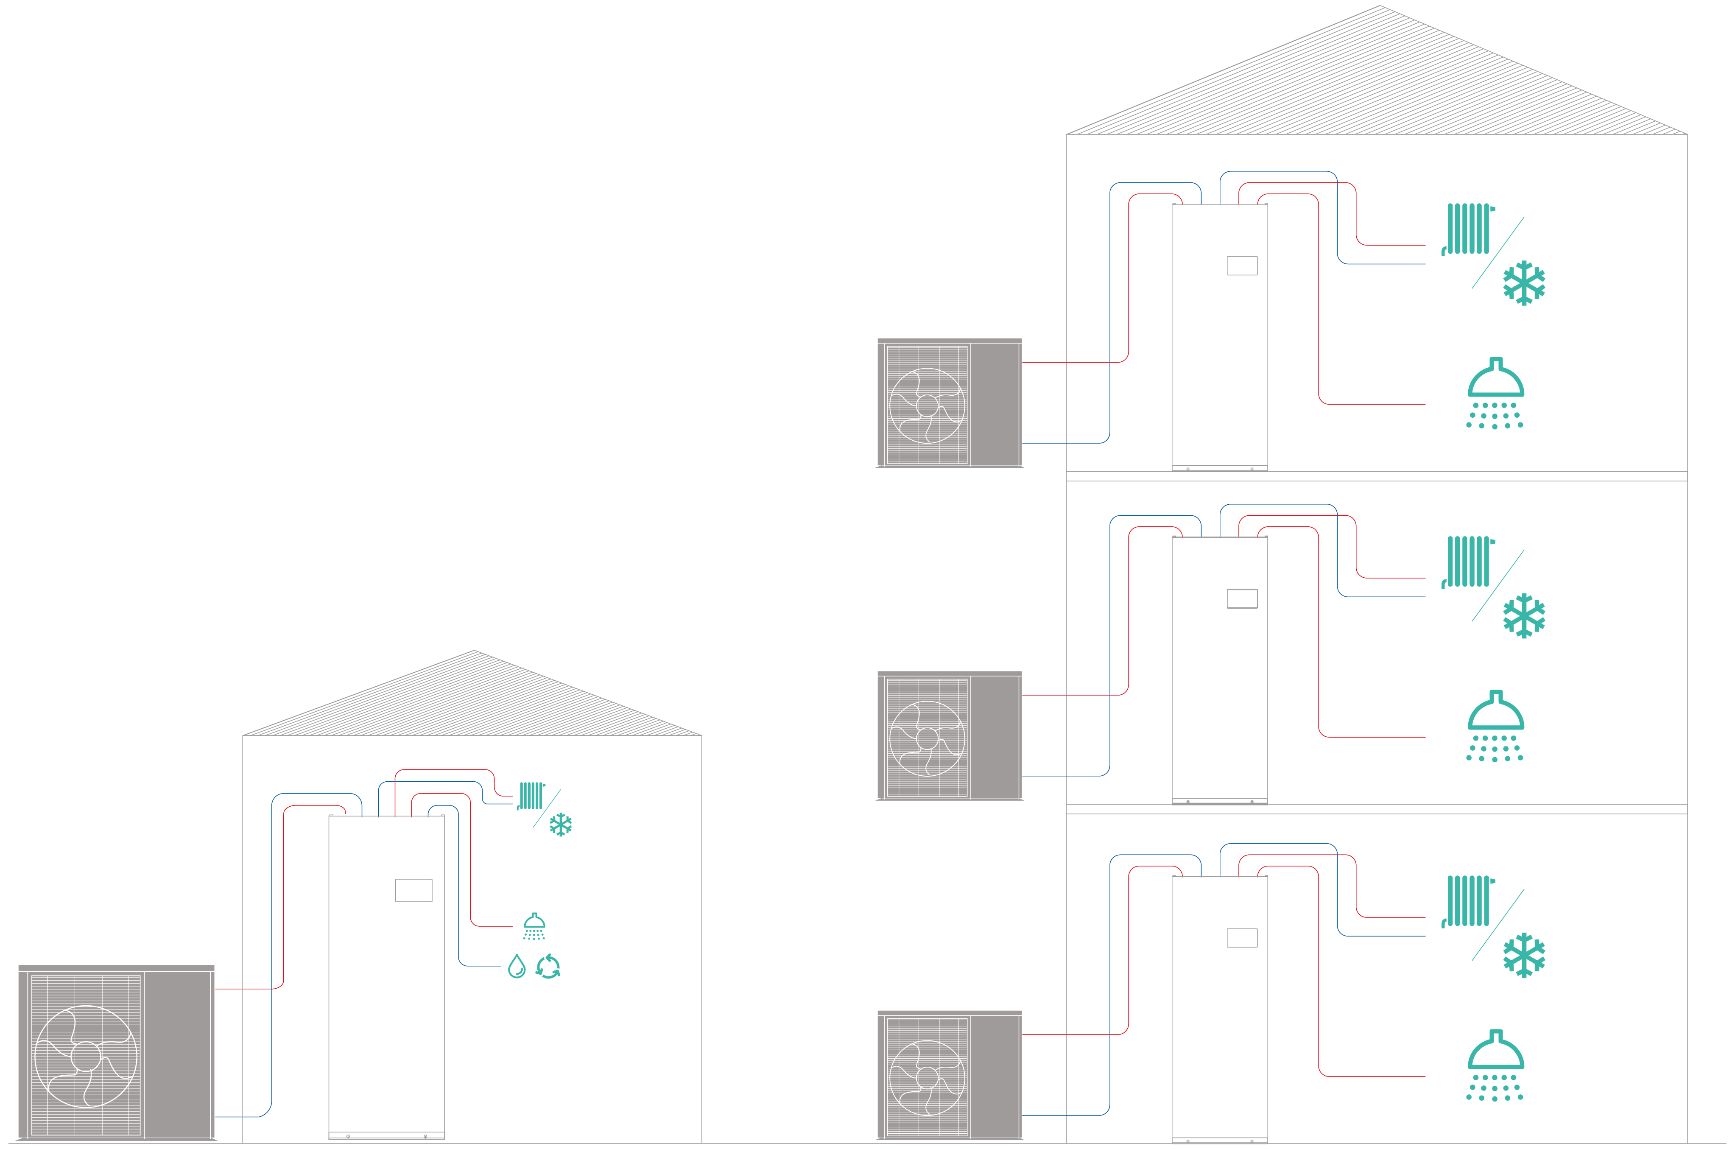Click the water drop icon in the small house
[517, 967]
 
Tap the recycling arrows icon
[548, 967]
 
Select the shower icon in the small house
[534, 925]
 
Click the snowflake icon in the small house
[561, 825]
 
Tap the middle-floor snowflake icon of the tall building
[1524, 615]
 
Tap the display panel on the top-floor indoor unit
[1242, 265]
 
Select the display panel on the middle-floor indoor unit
[1242, 599]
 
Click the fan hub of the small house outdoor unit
[86, 1057]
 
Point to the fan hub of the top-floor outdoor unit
[927, 406]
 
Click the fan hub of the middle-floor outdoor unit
[927, 739]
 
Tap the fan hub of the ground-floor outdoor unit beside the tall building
[927, 1078]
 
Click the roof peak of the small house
[474, 651]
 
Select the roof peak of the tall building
[1380, 7]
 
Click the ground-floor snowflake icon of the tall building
[1524, 955]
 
